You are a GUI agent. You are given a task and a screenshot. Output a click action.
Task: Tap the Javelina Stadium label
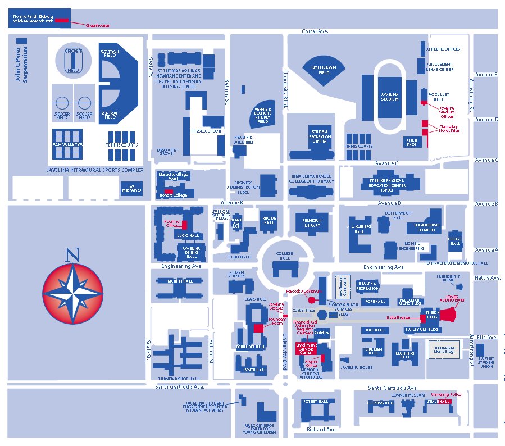[389, 97]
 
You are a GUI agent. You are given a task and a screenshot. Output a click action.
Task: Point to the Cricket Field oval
[73, 60]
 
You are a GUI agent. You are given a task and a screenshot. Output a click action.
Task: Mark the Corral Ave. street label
[315, 31]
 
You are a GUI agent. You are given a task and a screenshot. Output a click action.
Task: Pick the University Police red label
[446, 395]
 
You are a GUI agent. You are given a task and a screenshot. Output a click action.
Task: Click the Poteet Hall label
[315, 402]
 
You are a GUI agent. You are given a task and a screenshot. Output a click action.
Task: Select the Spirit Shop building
[412, 143]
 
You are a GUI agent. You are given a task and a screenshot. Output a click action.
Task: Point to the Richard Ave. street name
[321, 429]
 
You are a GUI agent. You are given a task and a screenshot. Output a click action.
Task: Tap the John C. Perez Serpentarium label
[21, 67]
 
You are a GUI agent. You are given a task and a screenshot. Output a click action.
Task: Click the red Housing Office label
[171, 222]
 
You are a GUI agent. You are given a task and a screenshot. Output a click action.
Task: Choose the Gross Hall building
[454, 242]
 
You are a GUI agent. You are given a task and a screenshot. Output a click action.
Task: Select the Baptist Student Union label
[486, 362]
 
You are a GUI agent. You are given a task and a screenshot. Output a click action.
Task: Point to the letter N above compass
[72, 255]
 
